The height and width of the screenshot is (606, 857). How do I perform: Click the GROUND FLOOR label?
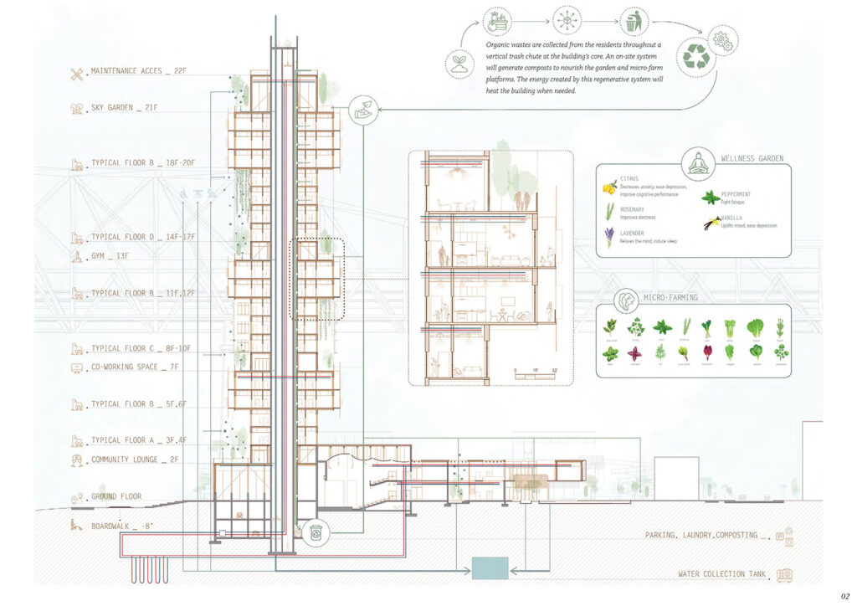click(116, 496)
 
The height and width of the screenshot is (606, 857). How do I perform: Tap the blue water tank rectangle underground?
click(490, 568)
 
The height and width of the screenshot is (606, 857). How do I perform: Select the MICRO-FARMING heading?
click(672, 297)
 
